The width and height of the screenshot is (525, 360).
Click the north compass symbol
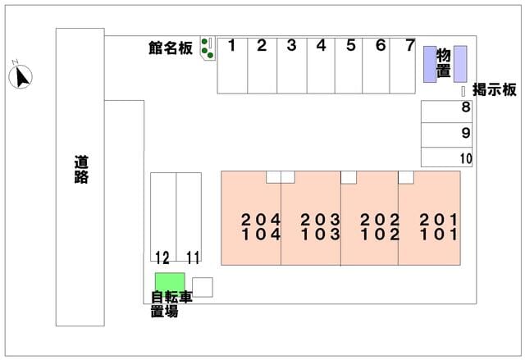(21, 77)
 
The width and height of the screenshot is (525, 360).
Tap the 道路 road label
(80, 170)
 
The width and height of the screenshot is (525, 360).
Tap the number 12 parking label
(162, 257)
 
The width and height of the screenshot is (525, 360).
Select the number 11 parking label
(193, 257)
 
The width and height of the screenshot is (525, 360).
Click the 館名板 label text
(171, 49)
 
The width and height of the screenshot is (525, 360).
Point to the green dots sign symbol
(208, 49)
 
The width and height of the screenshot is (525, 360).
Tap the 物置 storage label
(443, 62)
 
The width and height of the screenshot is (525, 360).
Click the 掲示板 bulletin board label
(494, 90)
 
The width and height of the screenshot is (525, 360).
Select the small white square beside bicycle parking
(203, 287)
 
